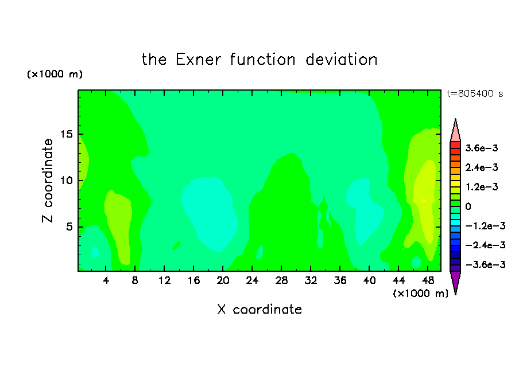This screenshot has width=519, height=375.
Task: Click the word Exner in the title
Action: (x=198, y=60)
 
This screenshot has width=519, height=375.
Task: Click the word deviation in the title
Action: (x=341, y=60)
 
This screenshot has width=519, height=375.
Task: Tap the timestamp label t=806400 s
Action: (x=475, y=93)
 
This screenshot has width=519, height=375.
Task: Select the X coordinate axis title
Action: (x=259, y=309)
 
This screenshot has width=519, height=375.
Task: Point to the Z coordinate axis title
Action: (x=47, y=181)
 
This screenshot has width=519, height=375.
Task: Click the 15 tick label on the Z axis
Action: (x=66, y=134)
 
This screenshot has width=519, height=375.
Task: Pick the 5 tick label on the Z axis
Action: (x=69, y=227)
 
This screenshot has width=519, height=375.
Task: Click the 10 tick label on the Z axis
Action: (x=66, y=181)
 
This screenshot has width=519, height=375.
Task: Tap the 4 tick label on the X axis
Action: (x=106, y=280)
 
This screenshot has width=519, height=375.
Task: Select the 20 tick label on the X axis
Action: (x=223, y=280)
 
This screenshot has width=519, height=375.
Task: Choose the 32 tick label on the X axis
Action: (x=311, y=280)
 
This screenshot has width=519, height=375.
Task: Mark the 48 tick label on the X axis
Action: (x=428, y=280)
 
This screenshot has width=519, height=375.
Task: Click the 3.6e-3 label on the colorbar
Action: (x=482, y=148)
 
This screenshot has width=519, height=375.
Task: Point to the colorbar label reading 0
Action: (x=468, y=206)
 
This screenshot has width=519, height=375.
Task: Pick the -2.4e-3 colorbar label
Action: (x=486, y=245)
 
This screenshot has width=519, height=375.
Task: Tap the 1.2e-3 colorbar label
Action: (x=482, y=187)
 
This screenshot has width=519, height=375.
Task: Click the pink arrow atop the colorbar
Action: (x=455, y=130)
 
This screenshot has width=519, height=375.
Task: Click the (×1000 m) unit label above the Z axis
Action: (x=55, y=74)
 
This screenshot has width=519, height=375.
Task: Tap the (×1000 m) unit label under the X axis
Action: (x=420, y=294)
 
